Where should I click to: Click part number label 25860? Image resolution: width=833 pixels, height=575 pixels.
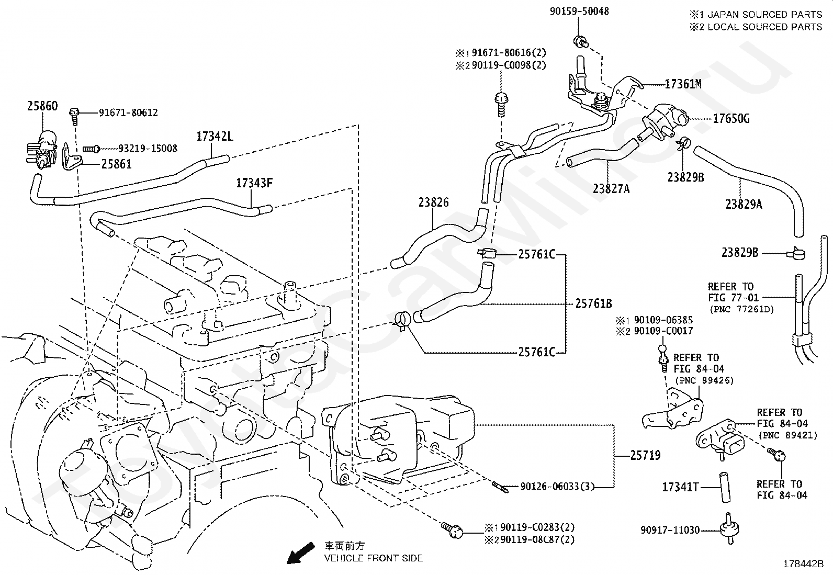(x=42, y=106)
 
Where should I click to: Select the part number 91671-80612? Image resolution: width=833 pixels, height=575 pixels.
(x=128, y=112)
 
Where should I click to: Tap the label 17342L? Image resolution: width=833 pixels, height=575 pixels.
(x=215, y=137)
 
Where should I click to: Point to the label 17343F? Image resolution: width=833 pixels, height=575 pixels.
(x=254, y=183)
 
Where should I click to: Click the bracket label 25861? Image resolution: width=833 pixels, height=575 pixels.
(x=116, y=164)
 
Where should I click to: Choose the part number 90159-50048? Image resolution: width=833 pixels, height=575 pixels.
(x=579, y=11)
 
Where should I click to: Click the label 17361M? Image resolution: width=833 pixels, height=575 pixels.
(x=683, y=84)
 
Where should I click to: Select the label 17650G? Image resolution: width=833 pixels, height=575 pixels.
(x=731, y=119)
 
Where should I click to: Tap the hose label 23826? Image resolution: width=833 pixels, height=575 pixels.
(x=433, y=202)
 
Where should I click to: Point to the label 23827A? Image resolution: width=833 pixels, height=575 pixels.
(x=611, y=188)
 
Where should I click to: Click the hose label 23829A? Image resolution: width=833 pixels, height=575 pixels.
(x=743, y=205)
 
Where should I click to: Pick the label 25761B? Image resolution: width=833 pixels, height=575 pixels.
(x=594, y=303)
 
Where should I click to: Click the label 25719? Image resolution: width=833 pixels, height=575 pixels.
(x=645, y=456)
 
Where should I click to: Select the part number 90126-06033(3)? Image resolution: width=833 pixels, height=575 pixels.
(x=558, y=487)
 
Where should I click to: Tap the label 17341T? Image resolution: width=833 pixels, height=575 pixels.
(x=680, y=487)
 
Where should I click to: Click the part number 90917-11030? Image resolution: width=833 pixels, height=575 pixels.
(x=670, y=530)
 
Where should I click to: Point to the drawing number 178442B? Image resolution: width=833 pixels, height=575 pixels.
(x=803, y=564)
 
